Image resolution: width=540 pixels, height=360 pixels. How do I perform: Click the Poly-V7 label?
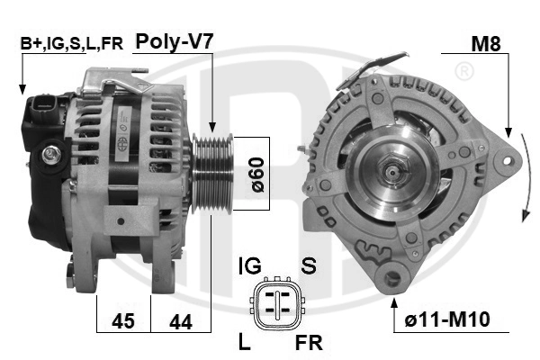tap(175, 42)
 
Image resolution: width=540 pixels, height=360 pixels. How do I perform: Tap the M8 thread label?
tap(486, 44)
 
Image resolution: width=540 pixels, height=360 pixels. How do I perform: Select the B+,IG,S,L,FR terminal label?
tap(71, 44)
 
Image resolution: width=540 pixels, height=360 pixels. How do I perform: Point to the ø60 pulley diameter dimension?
tap(257, 175)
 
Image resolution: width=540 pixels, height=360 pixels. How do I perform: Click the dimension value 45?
tap(123, 321)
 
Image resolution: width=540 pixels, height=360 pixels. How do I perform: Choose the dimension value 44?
tap(181, 322)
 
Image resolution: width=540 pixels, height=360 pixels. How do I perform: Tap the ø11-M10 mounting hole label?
tap(447, 319)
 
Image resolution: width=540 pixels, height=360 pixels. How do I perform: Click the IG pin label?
tap(250, 266)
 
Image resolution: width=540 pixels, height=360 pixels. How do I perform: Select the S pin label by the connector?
tap(309, 266)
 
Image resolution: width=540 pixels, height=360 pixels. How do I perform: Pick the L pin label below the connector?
tap(245, 342)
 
